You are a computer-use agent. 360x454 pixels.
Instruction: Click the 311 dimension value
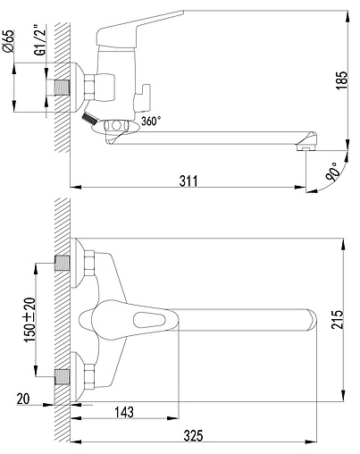pyautogui.click(x=188, y=181)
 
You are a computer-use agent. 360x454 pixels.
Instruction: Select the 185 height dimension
pyautogui.click(x=341, y=80)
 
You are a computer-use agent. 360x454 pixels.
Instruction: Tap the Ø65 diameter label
pyautogui.click(x=9, y=41)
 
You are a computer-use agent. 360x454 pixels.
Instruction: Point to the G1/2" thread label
pyautogui.click(x=41, y=40)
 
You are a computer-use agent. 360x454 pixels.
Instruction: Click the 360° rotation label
pyautogui.click(x=151, y=121)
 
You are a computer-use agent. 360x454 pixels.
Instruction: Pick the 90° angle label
pyautogui.click(x=332, y=172)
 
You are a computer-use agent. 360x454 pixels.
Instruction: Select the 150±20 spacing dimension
pyautogui.click(x=30, y=320)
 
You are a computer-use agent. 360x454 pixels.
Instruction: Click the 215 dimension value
pyautogui.click(x=337, y=320)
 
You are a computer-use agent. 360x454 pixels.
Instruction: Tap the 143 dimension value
pyautogui.click(x=124, y=412)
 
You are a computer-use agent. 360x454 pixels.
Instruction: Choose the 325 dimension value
pyautogui.click(x=194, y=435)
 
